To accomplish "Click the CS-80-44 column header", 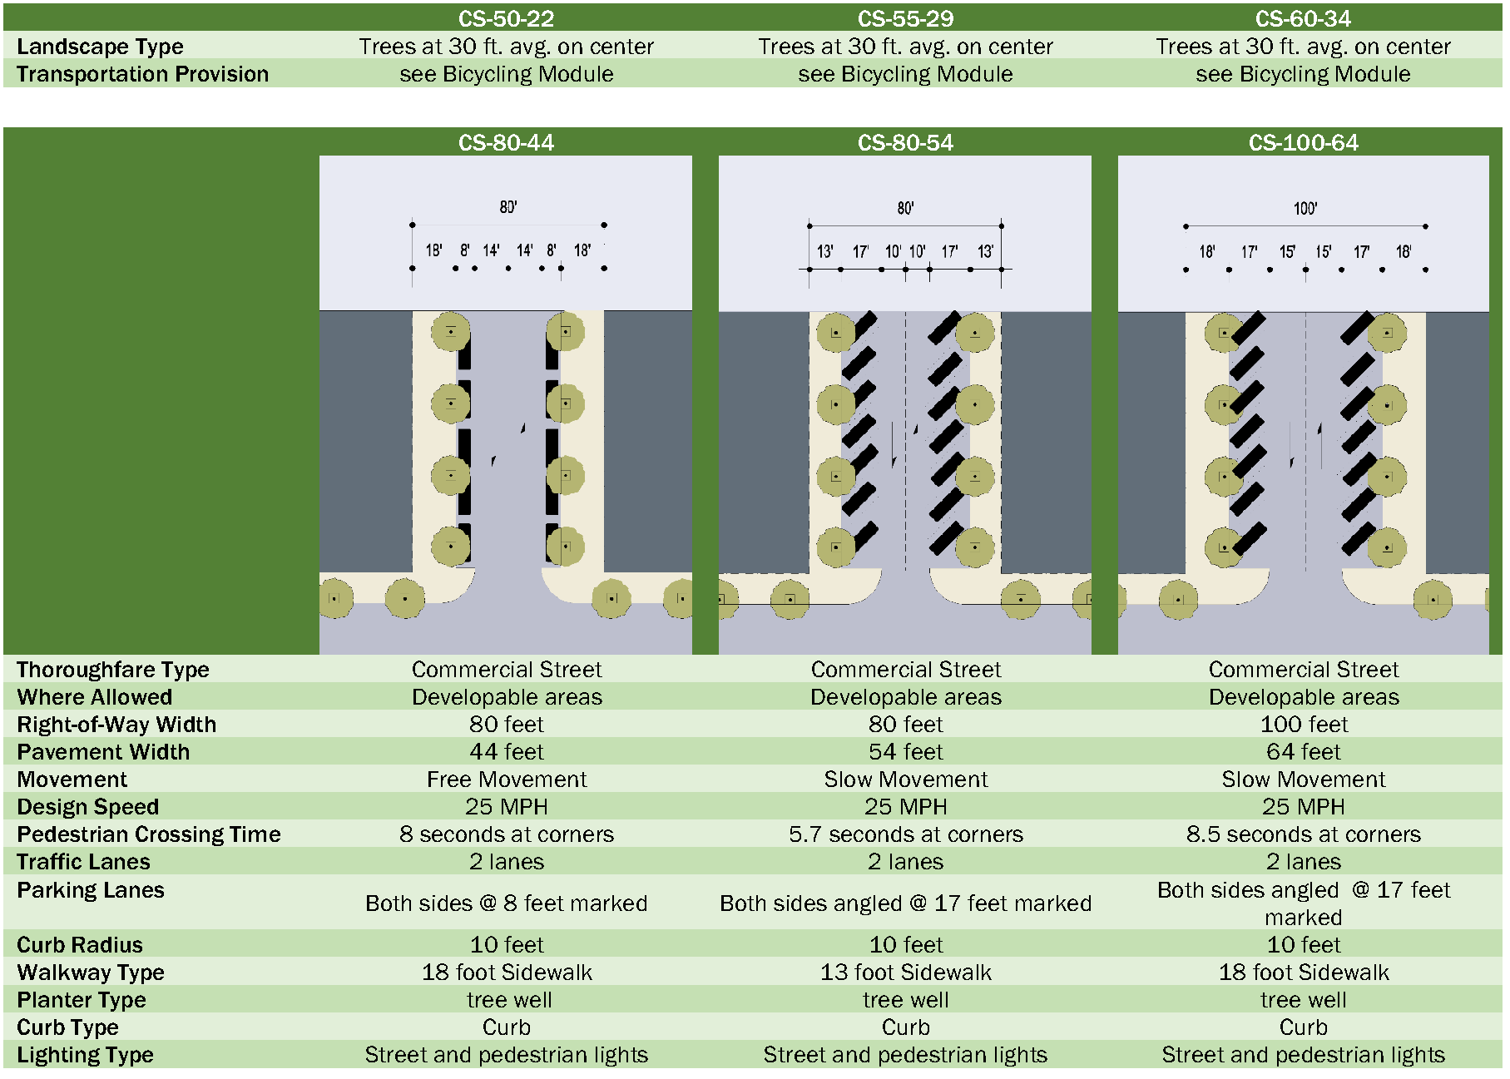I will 506,143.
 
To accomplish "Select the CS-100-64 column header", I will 1303,143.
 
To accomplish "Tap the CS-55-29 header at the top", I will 905,18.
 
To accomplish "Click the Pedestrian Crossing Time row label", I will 149,834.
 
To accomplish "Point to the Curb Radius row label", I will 80,945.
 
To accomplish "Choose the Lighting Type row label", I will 85,1055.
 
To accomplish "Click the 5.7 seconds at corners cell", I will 905,834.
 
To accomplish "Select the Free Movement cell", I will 506,780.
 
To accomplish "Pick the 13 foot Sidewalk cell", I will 905,973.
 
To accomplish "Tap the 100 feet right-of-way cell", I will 1303,725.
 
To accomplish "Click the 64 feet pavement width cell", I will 1303,752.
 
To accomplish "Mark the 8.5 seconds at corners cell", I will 1303,834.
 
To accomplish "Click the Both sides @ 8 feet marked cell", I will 506,903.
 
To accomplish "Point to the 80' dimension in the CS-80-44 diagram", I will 508,207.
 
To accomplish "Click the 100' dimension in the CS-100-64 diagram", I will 1305,209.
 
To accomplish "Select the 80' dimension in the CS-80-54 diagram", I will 905,208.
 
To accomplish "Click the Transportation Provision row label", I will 142,74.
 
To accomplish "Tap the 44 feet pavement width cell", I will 506,752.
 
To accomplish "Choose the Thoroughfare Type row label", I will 112,670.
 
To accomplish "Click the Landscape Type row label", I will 100,47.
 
